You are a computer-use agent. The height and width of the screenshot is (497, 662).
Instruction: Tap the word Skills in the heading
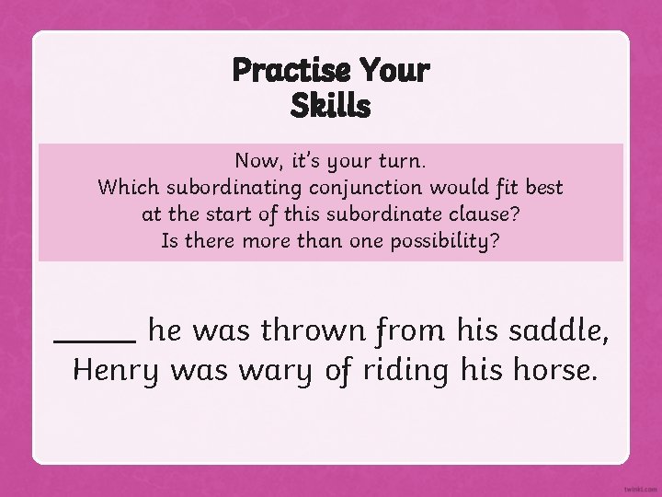pos(330,107)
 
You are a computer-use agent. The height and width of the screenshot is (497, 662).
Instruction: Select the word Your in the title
pos(394,70)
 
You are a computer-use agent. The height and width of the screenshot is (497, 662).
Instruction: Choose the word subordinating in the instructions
pos(232,188)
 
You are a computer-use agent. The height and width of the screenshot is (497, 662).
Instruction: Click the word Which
pos(128,188)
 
